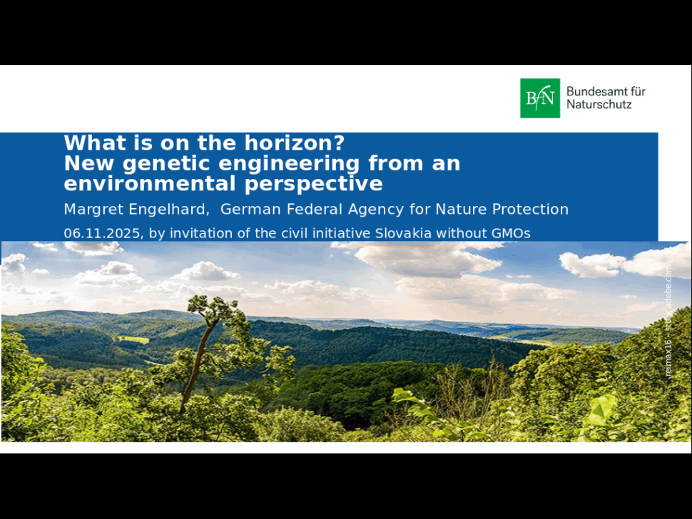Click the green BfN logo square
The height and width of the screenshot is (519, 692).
(540, 98)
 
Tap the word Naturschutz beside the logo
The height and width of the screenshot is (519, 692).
(599, 105)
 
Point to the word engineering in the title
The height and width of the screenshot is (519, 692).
(289, 164)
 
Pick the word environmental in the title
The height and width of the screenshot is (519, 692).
(150, 183)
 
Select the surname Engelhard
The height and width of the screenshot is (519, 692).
(169, 210)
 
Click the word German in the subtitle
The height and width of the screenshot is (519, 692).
(250, 209)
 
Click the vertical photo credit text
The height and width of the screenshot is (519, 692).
(668, 321)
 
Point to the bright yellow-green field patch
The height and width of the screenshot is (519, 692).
(133, 339)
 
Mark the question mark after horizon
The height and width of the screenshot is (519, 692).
(340, 143)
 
